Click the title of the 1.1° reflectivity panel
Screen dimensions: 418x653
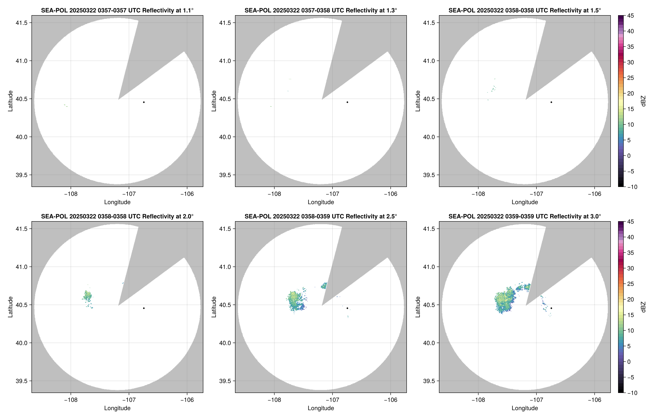pos(117,10)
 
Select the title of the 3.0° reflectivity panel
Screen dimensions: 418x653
pos(525,216)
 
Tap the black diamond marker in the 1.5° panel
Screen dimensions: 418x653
pos(551,102)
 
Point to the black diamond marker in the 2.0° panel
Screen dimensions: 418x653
pos(144,308)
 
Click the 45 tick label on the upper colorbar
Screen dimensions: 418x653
pos(631,16)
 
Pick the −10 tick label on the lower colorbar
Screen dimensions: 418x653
pos(632,393)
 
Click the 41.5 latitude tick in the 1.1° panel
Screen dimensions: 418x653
pos(21,23)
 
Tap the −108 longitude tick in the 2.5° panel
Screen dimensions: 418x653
pos(274,400)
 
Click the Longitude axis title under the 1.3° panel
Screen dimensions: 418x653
pos(321,202)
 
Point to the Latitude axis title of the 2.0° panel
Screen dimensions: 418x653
pos(10,307)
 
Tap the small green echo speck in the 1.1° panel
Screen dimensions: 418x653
pos(66,106)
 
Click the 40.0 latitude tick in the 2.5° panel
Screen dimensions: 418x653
pos(225,343)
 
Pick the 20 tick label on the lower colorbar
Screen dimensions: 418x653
pos(631,299)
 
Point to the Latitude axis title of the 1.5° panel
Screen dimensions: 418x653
pos(418,101)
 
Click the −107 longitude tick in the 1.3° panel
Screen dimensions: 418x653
pos(332,194)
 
